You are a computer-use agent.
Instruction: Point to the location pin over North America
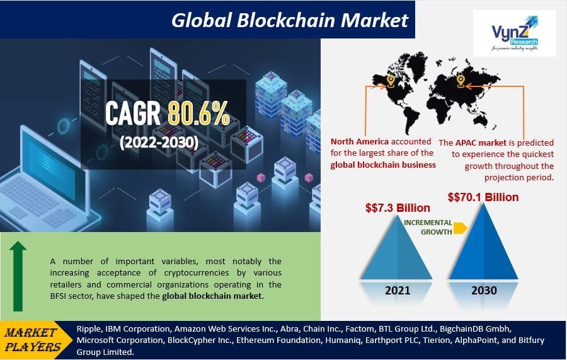[x=391, y=81]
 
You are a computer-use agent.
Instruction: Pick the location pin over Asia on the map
[x=461, y=81]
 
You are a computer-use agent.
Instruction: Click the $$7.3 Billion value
[x=398, y=207]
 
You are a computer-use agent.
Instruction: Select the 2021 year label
[x=397, y=291]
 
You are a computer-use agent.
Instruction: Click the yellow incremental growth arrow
[x=460, y=228]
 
